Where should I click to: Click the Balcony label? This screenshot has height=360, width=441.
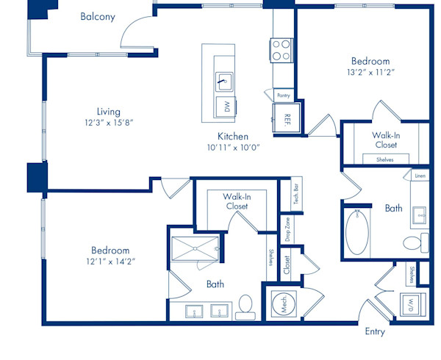click(x=98, y=17)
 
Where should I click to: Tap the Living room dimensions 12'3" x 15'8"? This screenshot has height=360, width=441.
click(x=109, y=123)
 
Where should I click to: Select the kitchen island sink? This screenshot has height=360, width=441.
click(x=224, y=82)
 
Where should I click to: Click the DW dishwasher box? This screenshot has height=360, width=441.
click(x=226, y=107)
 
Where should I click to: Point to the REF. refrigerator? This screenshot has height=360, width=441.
click(x=287, y=118)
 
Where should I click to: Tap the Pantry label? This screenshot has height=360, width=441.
click(x=284, y=96)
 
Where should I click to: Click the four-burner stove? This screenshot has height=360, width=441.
click(x=282, y=50)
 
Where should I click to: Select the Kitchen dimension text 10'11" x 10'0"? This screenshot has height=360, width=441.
click(x=233, y=148)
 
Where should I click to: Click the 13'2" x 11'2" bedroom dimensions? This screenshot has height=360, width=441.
click(x=370, y=73)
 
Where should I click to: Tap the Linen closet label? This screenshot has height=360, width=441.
click(x=420, y=176)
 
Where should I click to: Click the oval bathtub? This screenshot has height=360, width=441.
click(x=357, y=232)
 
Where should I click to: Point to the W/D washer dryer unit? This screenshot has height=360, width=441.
click(x=413, y=305)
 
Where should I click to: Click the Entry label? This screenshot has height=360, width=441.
click(x=375, y=331)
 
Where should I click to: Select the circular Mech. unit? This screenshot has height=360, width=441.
click(x=284, y=304)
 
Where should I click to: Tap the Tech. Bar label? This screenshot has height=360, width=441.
click(x=296, y=194)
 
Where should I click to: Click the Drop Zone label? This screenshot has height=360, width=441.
click(x=287, y=229)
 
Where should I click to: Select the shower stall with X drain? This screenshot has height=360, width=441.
click(x=195, y=249)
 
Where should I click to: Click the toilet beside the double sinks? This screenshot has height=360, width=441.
click(x=245, y=307)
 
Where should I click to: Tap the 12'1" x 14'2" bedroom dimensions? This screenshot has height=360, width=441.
click(x=110, y=262)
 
